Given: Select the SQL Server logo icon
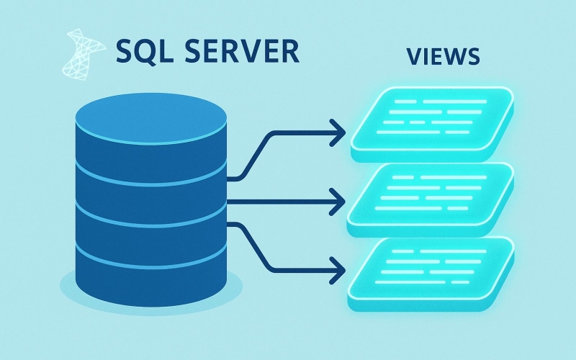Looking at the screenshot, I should coord(82,53).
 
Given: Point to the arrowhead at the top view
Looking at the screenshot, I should coord(338,132).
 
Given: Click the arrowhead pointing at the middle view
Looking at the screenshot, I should coord(338,202).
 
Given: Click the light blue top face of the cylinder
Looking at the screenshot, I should coord(151,120).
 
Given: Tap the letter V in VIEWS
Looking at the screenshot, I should coord(411,58).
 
